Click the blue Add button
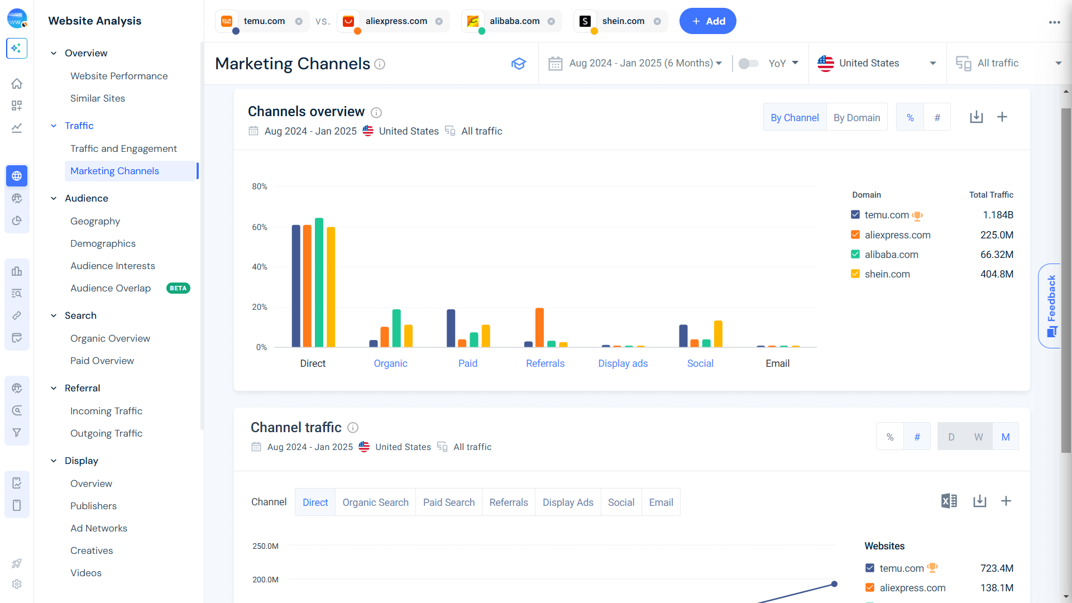click(707, 21)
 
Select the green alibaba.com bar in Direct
click(319, 283)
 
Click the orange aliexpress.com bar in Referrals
click(539, 328)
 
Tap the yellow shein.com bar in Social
click(718, 334)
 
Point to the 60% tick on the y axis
click(260, 227)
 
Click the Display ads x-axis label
click(623, 363)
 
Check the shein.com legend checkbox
click(855, 274)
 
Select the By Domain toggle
click(856, 117)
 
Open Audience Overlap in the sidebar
click(111, 288)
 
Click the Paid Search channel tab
click(448, 502)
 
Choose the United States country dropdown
click(877, 63)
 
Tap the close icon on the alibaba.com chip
click(551, 21)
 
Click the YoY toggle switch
click(748, 64)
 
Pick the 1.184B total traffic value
click(998, 215)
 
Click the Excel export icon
click(949, 501)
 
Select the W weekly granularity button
click(978, 437)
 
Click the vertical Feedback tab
click(1051, 305)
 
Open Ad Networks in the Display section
click(99, 528)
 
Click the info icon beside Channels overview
click(376, 113)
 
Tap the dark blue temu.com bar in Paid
click(451, 328)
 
